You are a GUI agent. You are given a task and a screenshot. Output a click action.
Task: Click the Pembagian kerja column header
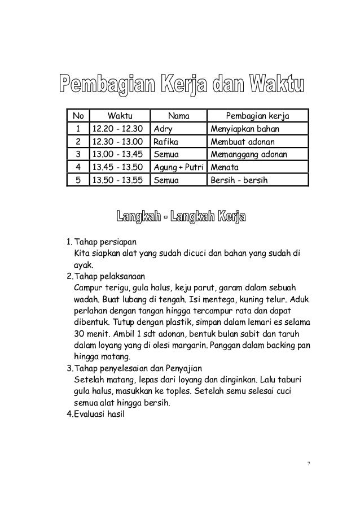(258, 117)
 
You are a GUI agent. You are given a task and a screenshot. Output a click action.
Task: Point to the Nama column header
(179, 117)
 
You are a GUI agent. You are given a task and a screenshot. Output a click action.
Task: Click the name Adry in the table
(163, 129)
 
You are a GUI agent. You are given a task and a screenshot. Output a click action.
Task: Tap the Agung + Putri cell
(179, 168)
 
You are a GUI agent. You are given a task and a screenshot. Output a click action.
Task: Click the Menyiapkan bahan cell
(245, 129)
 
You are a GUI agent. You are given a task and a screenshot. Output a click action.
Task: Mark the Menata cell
(225, 168)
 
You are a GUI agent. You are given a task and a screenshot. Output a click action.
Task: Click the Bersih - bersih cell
(239, 181)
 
